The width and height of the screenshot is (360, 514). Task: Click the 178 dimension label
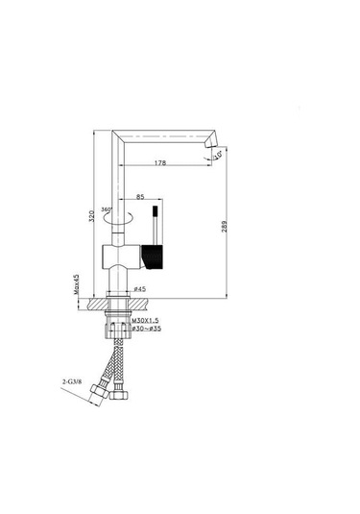(160, 163)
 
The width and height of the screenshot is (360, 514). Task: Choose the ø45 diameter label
(139, 289)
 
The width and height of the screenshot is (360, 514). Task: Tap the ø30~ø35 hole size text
(148, 330)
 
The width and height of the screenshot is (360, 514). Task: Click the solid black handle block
(154, 256)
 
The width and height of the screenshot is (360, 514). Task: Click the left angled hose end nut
(98, 394)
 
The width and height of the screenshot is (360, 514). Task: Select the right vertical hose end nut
(119, 395)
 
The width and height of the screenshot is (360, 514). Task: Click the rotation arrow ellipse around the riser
(118, 218)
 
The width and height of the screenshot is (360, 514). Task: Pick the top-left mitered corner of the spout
(114, 132)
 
